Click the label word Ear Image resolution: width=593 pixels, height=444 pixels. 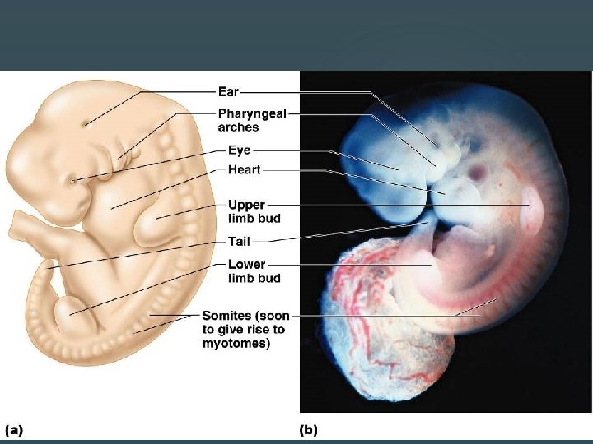[x=228, y=92]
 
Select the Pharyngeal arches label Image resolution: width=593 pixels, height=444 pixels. [x=251, y=120]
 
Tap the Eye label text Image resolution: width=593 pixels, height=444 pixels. [x=240, y=150]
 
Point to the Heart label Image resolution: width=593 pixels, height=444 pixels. [x=244, y=170]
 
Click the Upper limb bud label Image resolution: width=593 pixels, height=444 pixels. [x=254, y=211]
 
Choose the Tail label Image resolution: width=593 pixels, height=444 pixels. [x=239, y=242]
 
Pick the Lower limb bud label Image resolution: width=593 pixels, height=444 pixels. [x=254, y=271]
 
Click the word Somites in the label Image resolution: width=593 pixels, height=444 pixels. [x=228, y=316]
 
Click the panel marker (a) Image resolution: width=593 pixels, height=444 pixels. [x=15, y=429]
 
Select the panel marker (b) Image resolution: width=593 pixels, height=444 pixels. [x=308, y=429]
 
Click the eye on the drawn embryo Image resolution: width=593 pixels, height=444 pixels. [x=73, y=180]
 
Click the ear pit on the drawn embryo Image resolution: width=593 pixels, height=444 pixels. [x=85, y=124]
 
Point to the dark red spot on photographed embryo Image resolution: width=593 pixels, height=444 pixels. [x=476, y=173]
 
